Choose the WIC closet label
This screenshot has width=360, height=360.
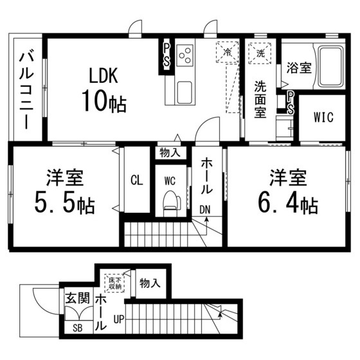323,118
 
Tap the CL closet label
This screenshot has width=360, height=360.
136,179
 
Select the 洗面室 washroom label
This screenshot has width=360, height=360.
260,98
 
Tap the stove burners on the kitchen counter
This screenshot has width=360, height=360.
184,55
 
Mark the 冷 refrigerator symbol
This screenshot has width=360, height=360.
226,52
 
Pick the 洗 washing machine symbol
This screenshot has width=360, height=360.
261,51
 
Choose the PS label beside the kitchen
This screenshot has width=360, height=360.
166,54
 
